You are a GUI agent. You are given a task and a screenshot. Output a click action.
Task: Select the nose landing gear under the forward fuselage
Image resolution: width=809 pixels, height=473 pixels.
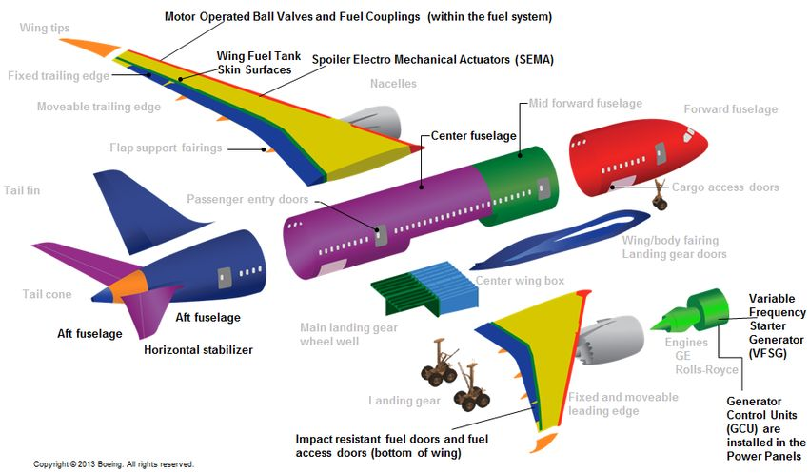pos(658,199)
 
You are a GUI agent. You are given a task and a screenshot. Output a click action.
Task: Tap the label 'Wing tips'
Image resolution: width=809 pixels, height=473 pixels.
pos(45,29)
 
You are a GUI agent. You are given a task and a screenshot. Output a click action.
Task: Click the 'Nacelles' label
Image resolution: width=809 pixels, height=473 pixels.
pos(393,84)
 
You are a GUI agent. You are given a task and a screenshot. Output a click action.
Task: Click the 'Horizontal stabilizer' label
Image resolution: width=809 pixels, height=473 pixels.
pos(198,350)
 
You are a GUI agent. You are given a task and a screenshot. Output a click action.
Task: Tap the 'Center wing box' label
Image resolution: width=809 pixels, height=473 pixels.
pos(521,280)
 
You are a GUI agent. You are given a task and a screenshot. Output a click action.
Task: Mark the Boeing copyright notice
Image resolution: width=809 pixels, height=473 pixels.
pos(113,464)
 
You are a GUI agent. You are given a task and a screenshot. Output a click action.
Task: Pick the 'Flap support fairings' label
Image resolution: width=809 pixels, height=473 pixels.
pos(166,148)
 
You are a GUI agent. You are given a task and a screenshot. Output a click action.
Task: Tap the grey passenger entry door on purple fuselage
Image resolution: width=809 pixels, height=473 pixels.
pos(381,236)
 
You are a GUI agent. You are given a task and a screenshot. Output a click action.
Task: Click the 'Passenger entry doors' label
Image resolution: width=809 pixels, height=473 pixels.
pos(247,200)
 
